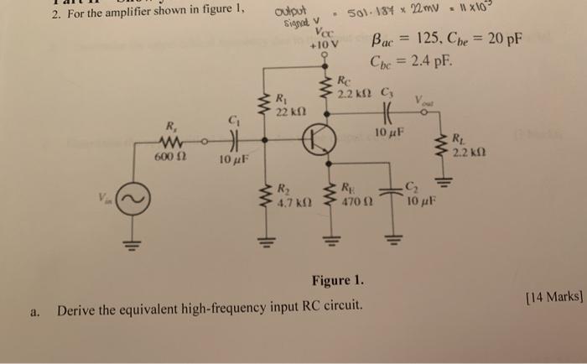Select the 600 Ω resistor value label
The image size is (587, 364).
point(169,156)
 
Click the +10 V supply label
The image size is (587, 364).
point(323,44)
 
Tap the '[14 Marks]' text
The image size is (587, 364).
point(552,295)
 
